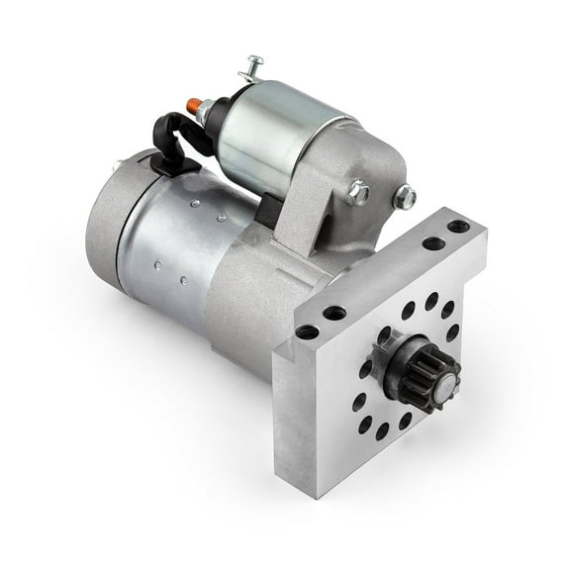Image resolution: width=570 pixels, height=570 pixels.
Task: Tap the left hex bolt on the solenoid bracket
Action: [358, 192]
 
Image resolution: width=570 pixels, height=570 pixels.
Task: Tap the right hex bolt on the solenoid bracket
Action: [404, 198]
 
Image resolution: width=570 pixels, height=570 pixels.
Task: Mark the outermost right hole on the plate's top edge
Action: [457, 227]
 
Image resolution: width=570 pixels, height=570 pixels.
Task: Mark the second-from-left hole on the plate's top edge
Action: [335, 313]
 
